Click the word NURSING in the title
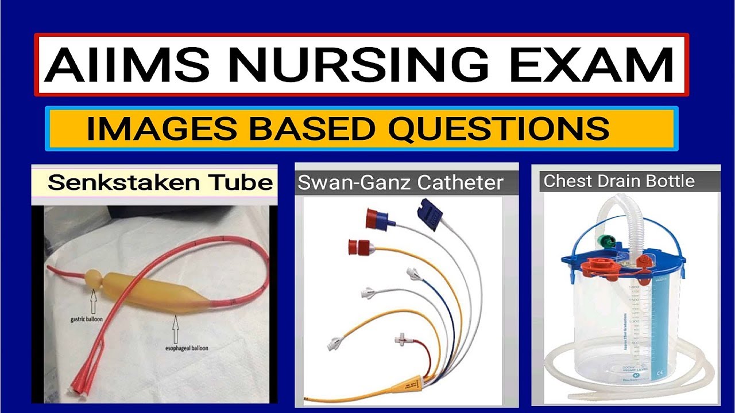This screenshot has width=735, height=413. tap(345, 65)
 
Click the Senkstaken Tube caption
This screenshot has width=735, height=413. tap(160, 182)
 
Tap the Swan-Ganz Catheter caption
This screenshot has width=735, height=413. tap(400, 182)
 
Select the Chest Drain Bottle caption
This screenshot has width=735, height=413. tap(619, 181)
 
